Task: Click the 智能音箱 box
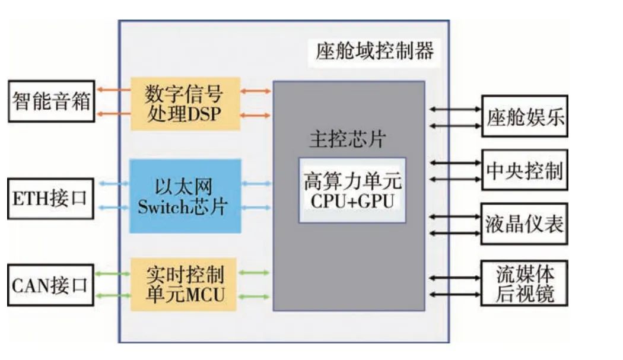click(51, 101)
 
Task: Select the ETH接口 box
click(50, 197)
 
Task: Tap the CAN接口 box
click(50, 285)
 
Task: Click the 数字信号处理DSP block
click(185, 103)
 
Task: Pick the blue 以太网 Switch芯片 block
click(185, 196)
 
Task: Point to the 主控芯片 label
click(347, 140)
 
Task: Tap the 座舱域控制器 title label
click(374, 51)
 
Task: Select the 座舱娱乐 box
click(524, 116)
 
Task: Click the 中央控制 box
click(524, 170)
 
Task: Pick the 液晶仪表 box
click(524, 224)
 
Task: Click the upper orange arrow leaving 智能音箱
click(113, 91)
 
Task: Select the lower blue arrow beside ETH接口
click(113, 208)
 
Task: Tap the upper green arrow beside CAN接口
click(113, 273)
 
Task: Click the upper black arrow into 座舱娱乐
click(456, 109)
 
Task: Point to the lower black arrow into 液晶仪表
click(456, 233)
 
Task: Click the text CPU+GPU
click(352, 201)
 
